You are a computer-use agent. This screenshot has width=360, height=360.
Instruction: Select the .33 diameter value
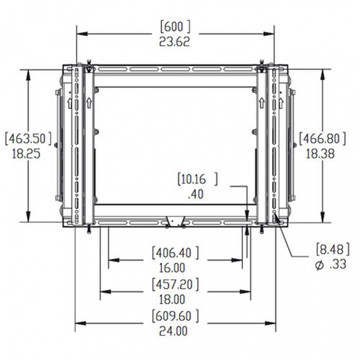coord(337,263)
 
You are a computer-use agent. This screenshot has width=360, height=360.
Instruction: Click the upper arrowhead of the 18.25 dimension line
coord(28,71)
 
